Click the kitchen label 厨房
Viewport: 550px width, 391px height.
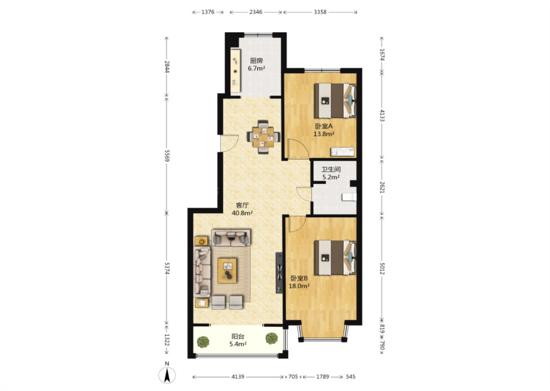256,60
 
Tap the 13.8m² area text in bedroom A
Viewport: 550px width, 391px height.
324,134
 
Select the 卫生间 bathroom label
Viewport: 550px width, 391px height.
331,170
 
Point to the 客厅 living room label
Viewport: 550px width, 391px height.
242,205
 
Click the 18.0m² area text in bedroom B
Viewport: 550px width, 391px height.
299,286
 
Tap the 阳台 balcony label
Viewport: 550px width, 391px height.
238,336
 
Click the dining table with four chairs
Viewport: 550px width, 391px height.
264,137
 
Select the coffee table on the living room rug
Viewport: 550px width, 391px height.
227,270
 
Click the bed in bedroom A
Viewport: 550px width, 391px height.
335,101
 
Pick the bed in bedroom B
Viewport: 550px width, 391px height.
335,257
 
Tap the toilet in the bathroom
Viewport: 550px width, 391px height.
349,197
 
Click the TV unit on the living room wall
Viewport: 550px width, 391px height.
279,273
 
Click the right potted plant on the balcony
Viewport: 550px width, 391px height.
272,338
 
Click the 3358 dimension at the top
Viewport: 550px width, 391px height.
320,12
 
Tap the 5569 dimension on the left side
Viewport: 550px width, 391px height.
167,156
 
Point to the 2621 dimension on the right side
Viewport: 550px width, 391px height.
382,187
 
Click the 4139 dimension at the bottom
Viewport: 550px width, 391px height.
238,376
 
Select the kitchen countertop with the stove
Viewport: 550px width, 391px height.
235,71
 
